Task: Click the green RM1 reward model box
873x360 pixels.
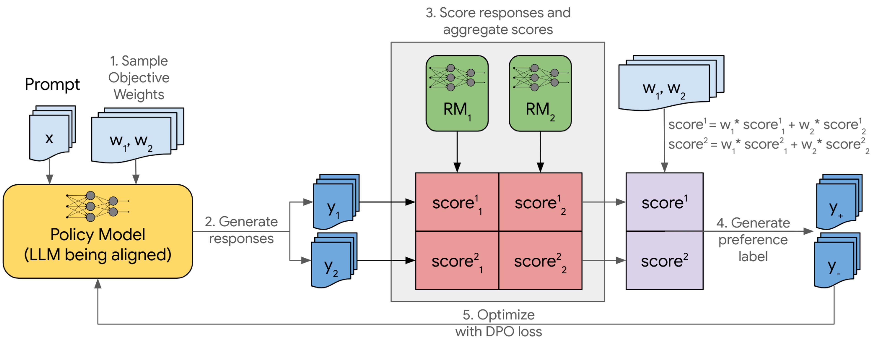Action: [457, 93]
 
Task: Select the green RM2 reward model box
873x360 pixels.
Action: [540, 93]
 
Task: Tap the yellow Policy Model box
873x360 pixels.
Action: [98, 232]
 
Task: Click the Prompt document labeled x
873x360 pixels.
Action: [50, 136]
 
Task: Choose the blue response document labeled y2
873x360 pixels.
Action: [332, 261]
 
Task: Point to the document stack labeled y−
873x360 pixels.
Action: [835, 261]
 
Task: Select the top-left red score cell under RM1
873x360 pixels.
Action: [457, 202]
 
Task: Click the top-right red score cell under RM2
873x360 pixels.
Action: [540, 202]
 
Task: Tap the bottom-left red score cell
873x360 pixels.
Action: [457, 261]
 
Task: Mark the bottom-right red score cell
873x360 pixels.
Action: [540, 261]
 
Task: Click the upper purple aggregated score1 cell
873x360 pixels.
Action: [664, 202]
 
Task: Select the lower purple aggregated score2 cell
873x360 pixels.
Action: [664, 261]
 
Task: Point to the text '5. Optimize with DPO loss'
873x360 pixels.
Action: [498, 323]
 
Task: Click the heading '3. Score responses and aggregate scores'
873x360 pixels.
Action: [498, 21]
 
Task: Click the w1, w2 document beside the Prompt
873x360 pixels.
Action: [134, 139]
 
